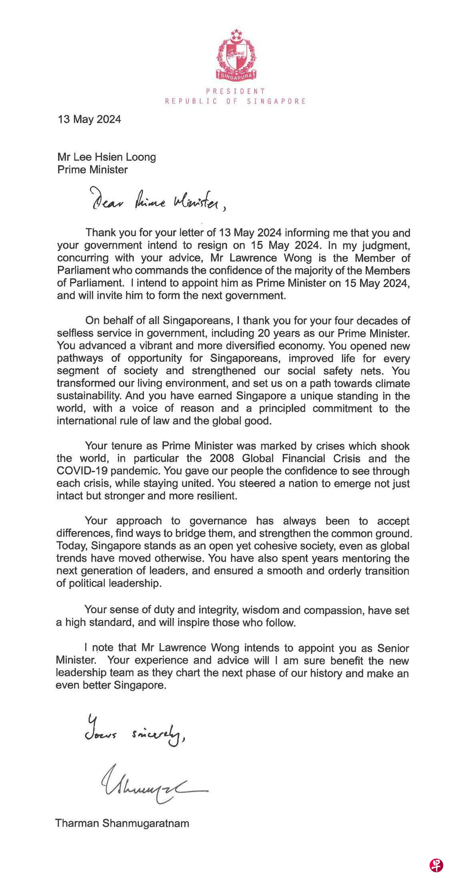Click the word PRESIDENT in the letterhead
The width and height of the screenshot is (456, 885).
point(236,92)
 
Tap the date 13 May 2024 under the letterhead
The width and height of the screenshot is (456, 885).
point(89,119)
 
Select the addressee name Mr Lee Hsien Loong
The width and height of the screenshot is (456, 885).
point(106,157)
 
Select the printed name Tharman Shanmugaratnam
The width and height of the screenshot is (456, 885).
point(122,823)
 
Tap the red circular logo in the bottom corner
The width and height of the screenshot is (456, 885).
point(436,865)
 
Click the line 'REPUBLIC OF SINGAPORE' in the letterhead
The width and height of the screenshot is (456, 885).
point(236,102)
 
